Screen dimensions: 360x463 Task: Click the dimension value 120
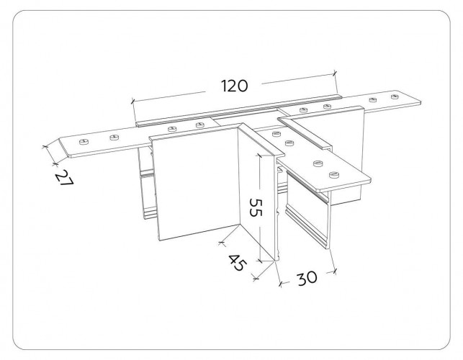click(x=234, y=86)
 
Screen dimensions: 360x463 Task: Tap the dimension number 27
click(x=64, y=179)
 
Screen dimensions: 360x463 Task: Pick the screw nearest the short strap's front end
click(x=333, y=174)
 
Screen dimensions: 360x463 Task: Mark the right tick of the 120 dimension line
click(x=335, y=73)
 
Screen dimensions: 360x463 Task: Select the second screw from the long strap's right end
click(x=373, y=99)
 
